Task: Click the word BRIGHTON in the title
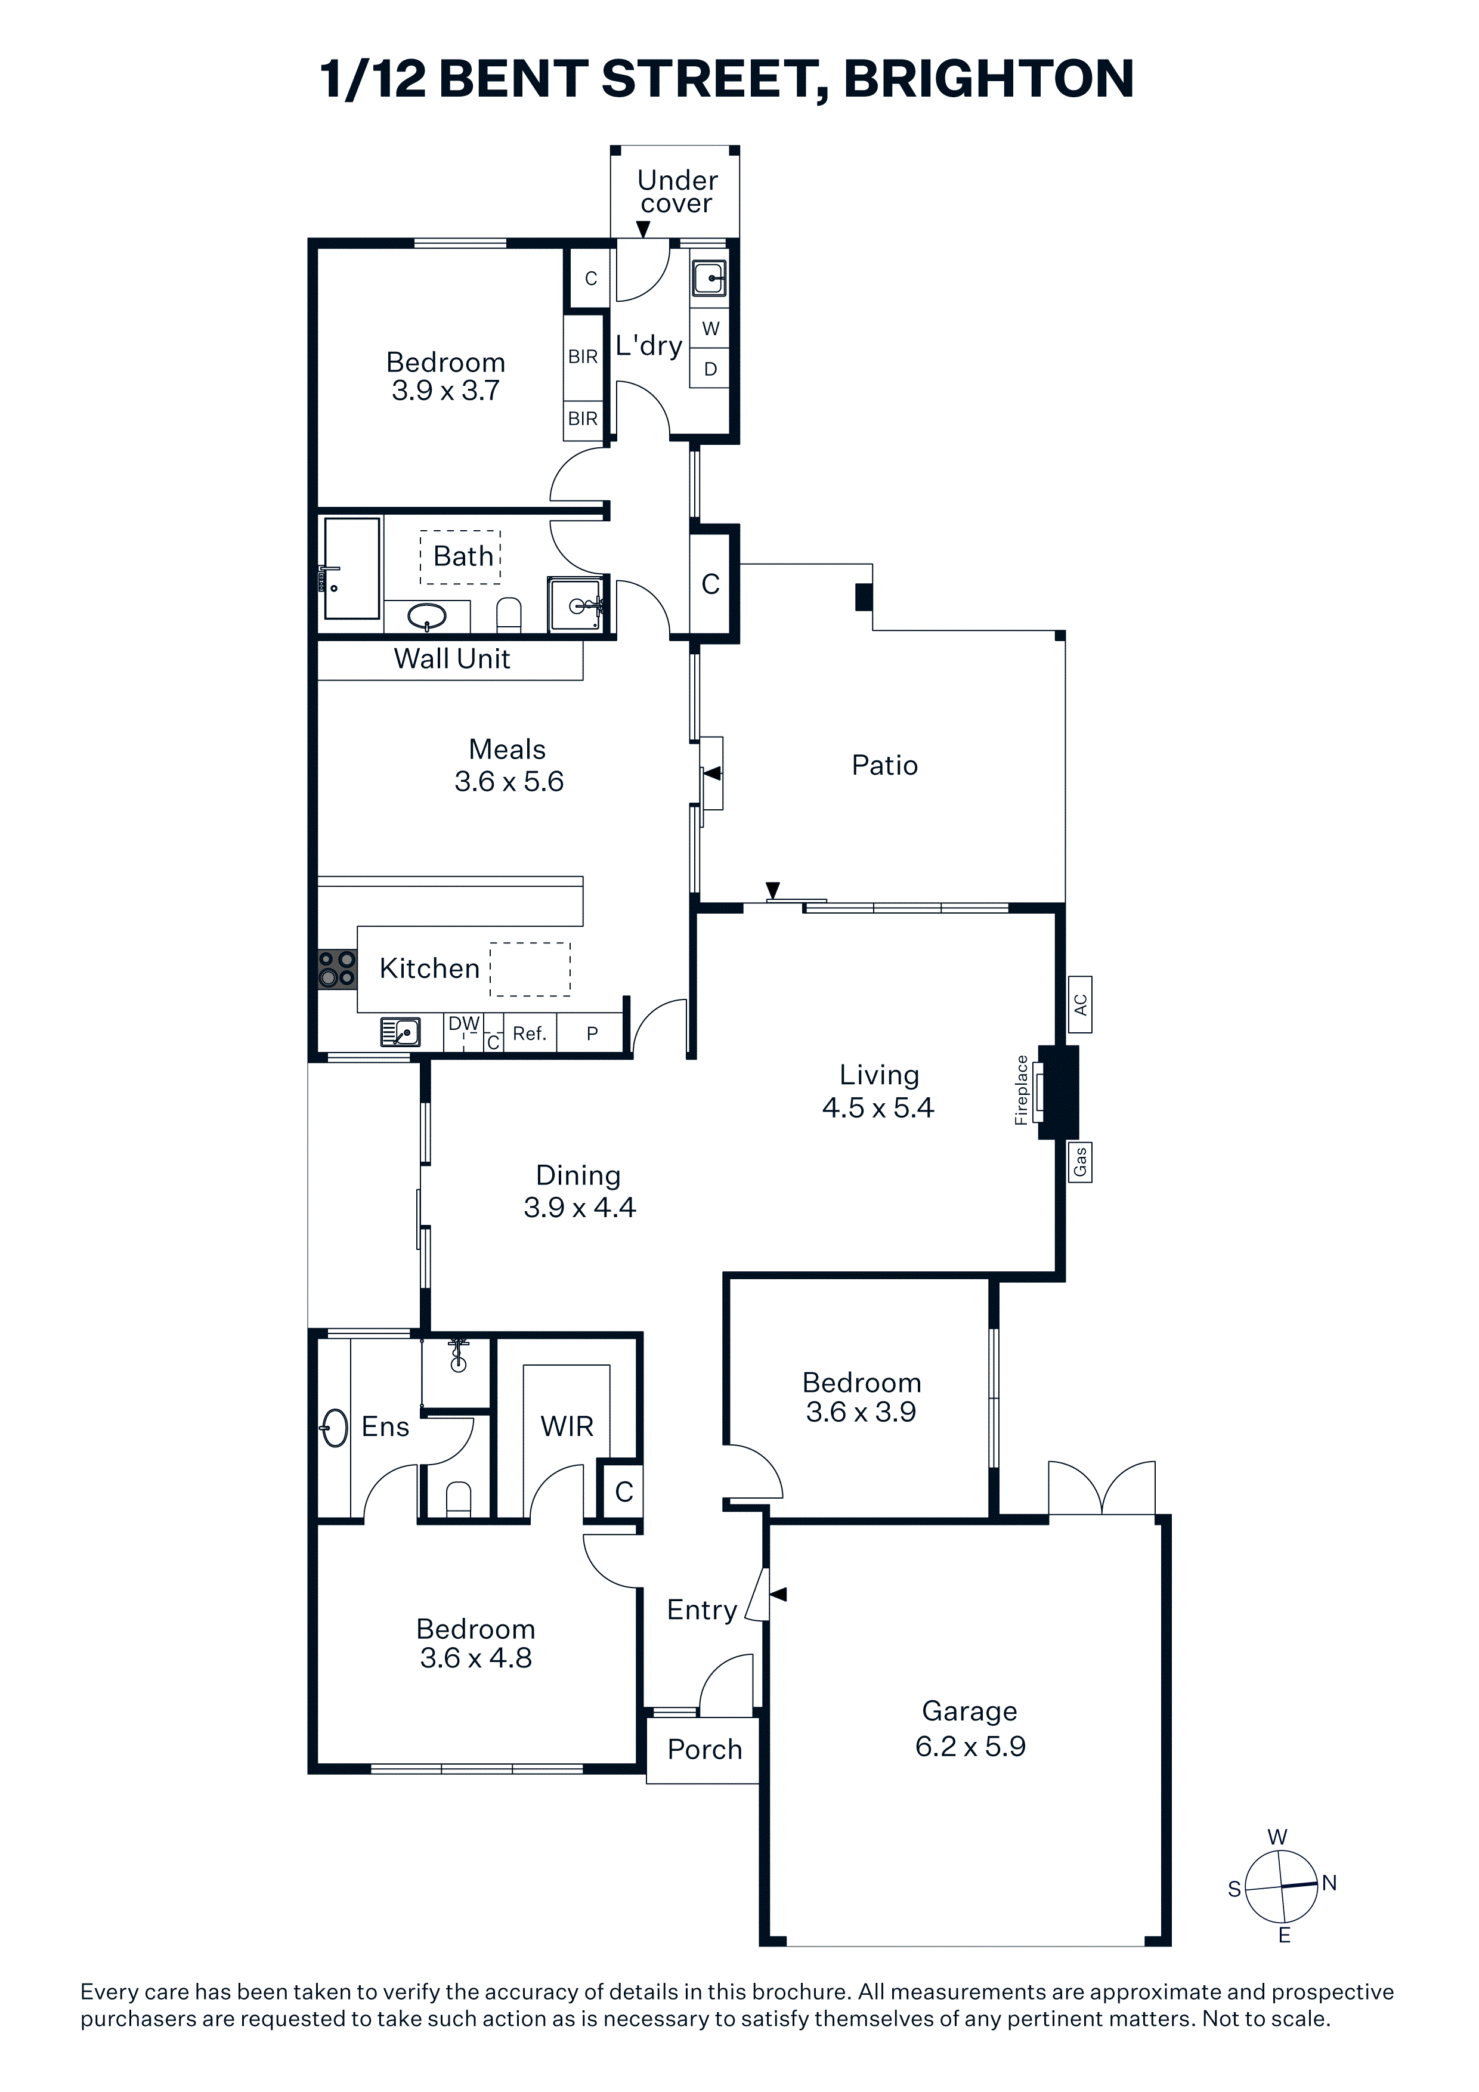click(x=989, y=79)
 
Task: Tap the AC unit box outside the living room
click(x=1080, y=1004)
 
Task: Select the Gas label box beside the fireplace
click(x=1080, y=1162)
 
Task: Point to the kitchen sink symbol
click(x=400, y=1032)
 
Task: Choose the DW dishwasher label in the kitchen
click(x=464, y=1023)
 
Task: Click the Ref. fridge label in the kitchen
click(x=530, y=1033)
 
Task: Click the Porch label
click(x=704, y=1750)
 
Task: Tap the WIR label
click(x=567, y=1426)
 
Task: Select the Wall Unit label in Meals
click(x=452, y=659)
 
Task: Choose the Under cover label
click(x=677, y=191)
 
